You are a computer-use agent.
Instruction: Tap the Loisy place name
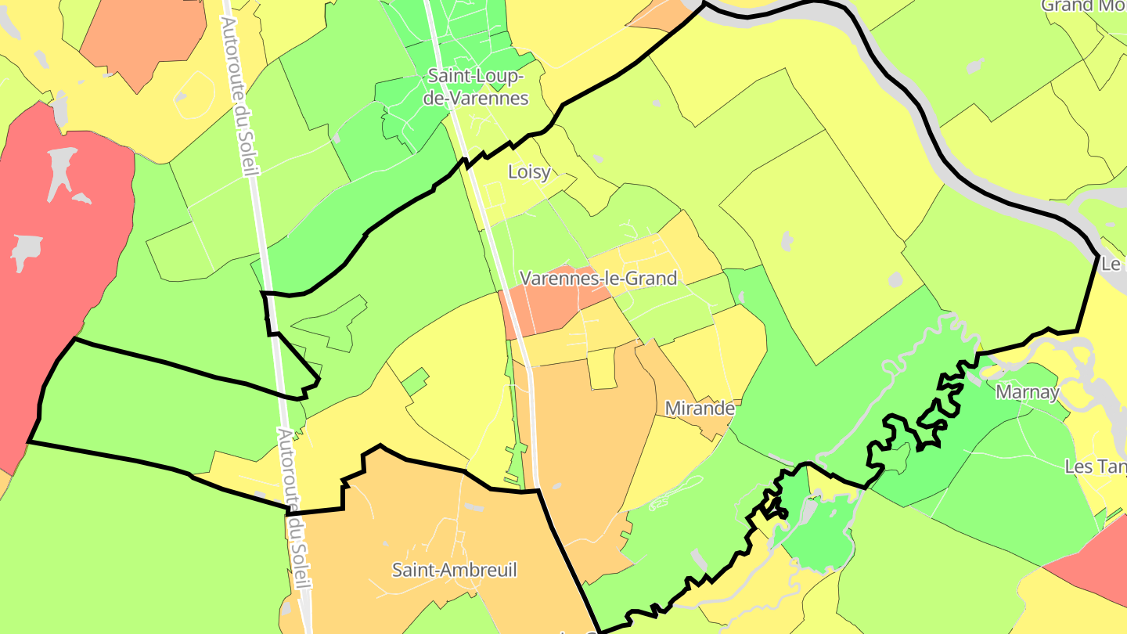[529, 172]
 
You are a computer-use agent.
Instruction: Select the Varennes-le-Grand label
[599, 278]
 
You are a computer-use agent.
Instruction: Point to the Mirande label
[700, 409]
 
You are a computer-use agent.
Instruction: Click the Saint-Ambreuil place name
[455, 570]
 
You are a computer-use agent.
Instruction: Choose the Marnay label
[1027, 393]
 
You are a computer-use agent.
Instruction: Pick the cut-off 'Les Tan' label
[1096, 467]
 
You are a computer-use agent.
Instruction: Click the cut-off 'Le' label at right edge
[1112, 265]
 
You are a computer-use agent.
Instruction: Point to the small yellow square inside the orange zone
[601, 369]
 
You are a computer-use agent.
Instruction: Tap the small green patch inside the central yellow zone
[416, 380]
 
